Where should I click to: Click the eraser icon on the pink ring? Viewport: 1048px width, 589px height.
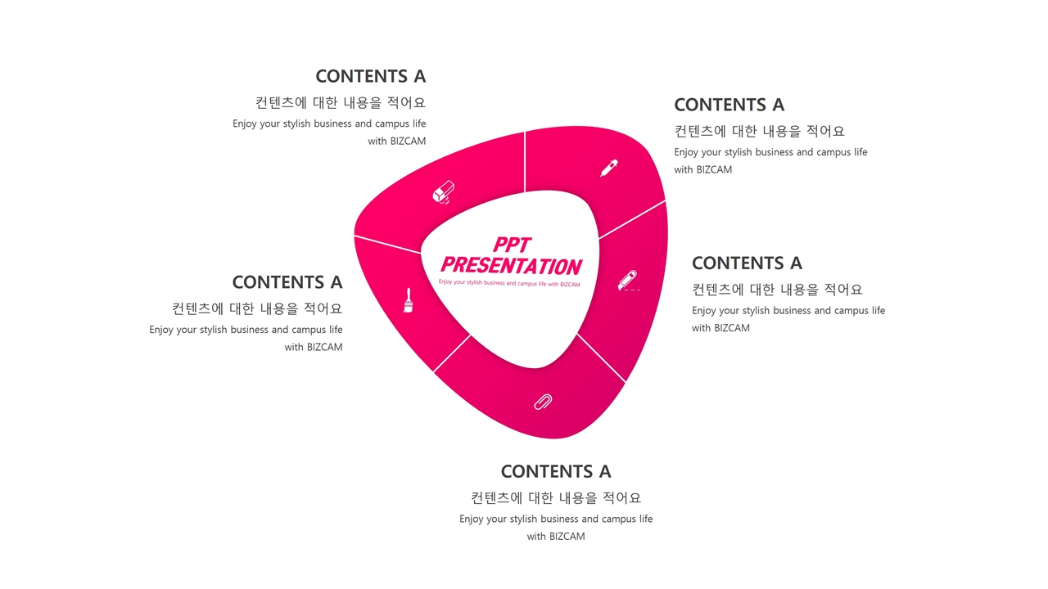(x=443, y=192)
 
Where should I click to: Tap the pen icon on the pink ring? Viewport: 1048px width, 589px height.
(x=609, y=168)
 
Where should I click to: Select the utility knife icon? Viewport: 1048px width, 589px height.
(x=628, y=281)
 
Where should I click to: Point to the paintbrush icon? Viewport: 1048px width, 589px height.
(x=408, y=300)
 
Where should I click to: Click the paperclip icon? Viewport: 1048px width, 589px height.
(x=543, y=401)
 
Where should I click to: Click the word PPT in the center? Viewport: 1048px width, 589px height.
(x=512, y=245)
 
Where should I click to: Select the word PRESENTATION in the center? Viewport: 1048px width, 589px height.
(x=511, y=266)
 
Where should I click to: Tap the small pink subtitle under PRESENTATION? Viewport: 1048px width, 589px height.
(x=509, y=284)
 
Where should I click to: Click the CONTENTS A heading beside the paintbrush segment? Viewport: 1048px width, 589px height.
(x=287, y=282)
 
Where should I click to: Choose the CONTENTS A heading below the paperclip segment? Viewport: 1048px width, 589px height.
(x=556, y=472)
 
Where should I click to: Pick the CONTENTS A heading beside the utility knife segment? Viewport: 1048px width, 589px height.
(x=747, y=263)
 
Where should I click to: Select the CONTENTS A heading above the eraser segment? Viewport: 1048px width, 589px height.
(x=370, y=76)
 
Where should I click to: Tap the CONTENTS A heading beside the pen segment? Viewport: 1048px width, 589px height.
(x=729, y=105)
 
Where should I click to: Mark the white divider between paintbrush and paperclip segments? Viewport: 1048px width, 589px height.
(x=452, y=353)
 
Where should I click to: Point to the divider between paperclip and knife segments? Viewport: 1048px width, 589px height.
(x=601, y=357)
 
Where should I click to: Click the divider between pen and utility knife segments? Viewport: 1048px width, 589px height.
(x=632, y=220)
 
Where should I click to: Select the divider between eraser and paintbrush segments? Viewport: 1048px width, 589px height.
(x=386, y=244)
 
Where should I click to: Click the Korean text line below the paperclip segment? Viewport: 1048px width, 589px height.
(x=556, y=497)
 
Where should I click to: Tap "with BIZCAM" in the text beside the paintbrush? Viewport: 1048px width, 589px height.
(x=314, y=347)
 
